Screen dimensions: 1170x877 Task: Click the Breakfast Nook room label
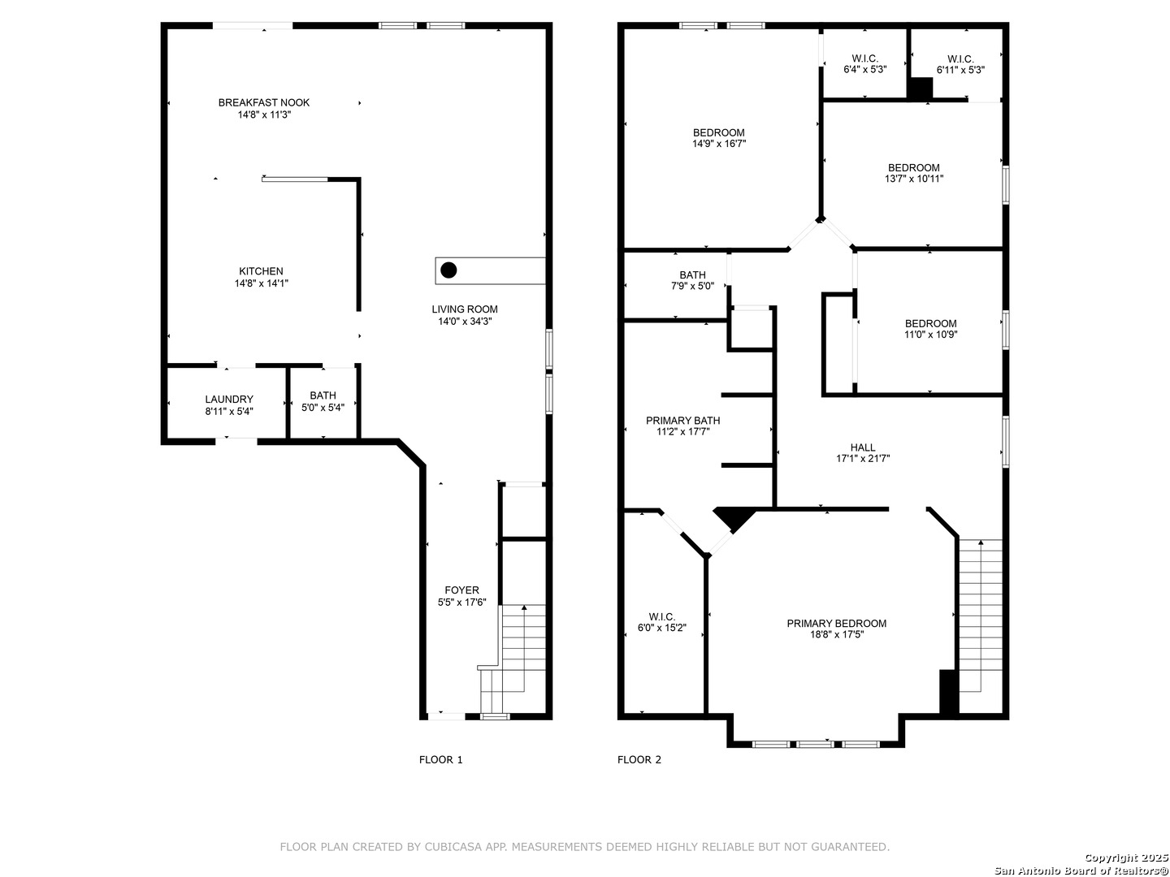264,102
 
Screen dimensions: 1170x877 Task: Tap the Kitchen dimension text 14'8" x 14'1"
261,283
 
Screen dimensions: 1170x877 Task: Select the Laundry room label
229,399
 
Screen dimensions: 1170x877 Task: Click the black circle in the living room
448,270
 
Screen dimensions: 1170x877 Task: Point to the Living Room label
465,309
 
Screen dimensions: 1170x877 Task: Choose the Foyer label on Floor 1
462,590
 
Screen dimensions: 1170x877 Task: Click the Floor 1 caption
441,760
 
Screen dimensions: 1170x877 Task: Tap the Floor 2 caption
639,760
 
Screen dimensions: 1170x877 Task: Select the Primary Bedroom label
836,623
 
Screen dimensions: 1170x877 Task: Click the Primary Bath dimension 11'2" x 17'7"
682,431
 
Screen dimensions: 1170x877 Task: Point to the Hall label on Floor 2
863,447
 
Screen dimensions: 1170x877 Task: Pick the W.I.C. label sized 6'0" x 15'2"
662,616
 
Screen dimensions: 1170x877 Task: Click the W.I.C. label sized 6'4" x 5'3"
864,58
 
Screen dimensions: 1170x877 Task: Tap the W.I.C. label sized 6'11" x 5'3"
960,58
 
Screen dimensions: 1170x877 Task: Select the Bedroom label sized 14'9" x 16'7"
718,132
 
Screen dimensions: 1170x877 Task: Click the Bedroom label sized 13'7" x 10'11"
913,167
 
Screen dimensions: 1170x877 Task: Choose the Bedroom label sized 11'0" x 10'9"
930,323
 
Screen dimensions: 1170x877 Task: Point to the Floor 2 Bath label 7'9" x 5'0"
692,274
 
